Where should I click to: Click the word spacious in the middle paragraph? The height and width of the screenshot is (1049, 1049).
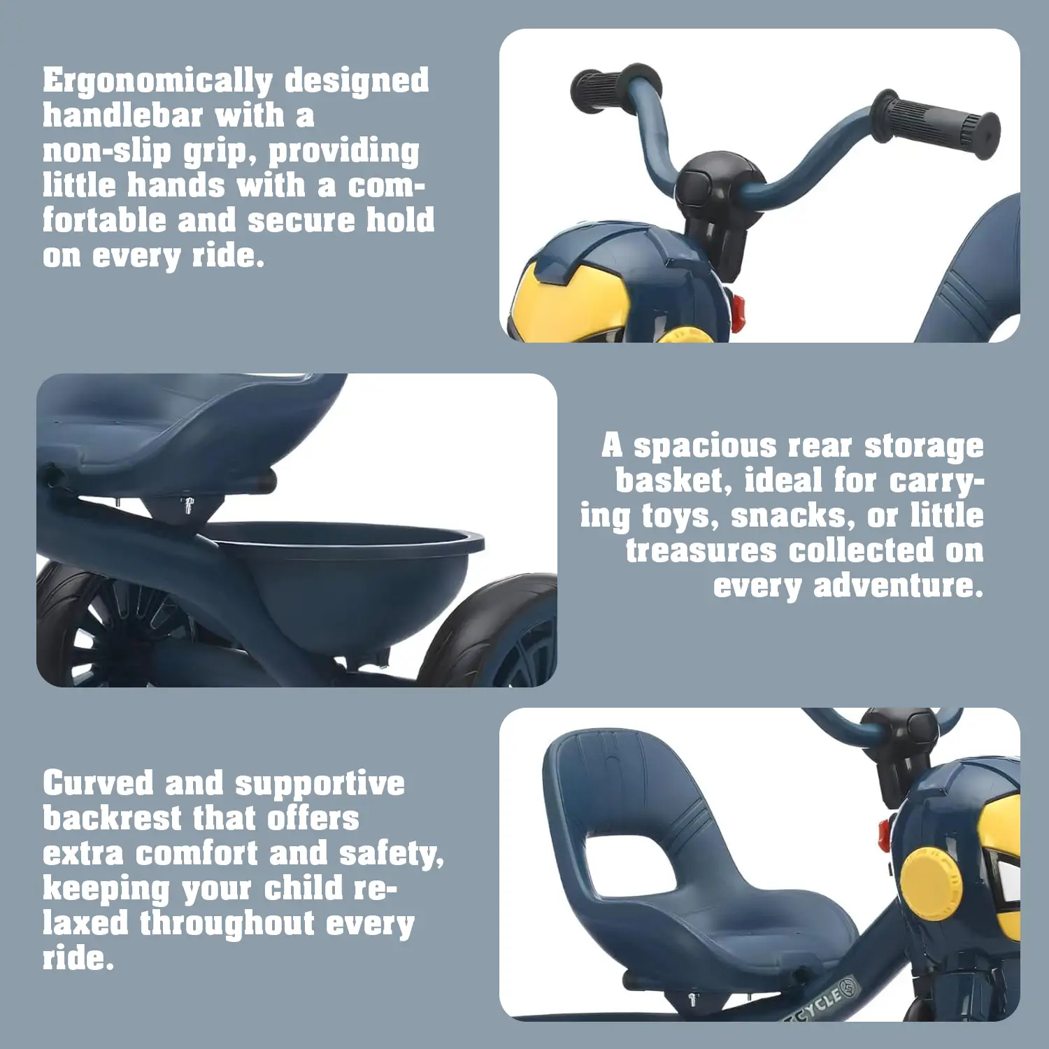[705, 445]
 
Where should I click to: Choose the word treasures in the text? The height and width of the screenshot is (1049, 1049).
[701, 550]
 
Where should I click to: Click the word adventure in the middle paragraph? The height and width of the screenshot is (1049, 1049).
[898, 585]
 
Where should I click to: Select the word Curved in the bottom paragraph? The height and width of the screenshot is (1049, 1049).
[98, 783]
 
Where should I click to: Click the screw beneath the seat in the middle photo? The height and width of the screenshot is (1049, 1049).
[188, 504]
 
